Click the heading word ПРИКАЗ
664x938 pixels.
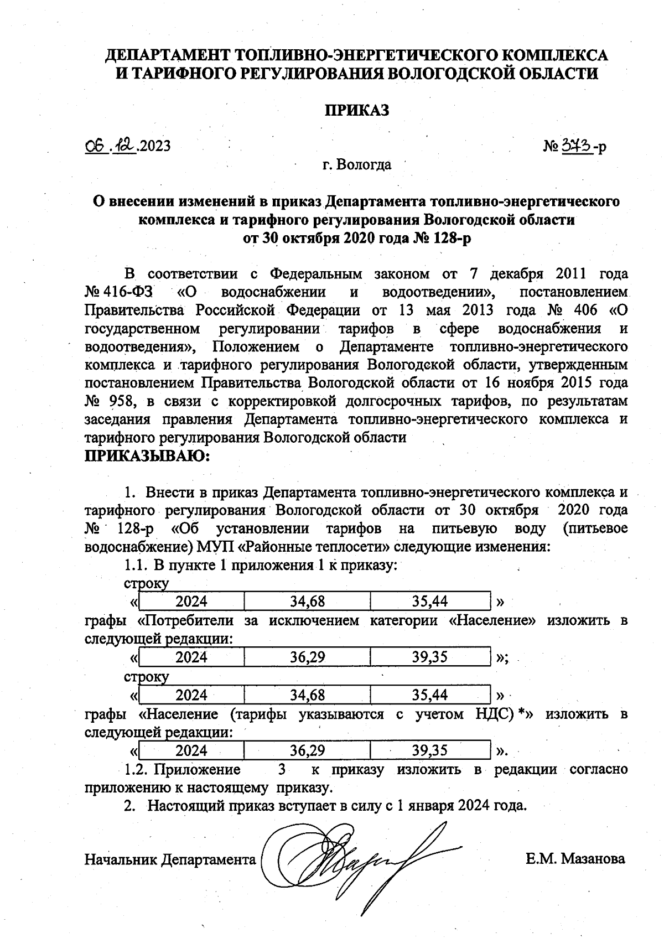[356, 110]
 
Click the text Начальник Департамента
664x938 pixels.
[170, 859]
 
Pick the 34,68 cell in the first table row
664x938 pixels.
[307, 601]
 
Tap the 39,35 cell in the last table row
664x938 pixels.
[430, 751]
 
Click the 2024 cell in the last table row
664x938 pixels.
[191, 751]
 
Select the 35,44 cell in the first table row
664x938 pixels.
[430, 601]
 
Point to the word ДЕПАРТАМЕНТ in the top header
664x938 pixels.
[168, 55]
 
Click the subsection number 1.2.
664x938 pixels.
[136, 770]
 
